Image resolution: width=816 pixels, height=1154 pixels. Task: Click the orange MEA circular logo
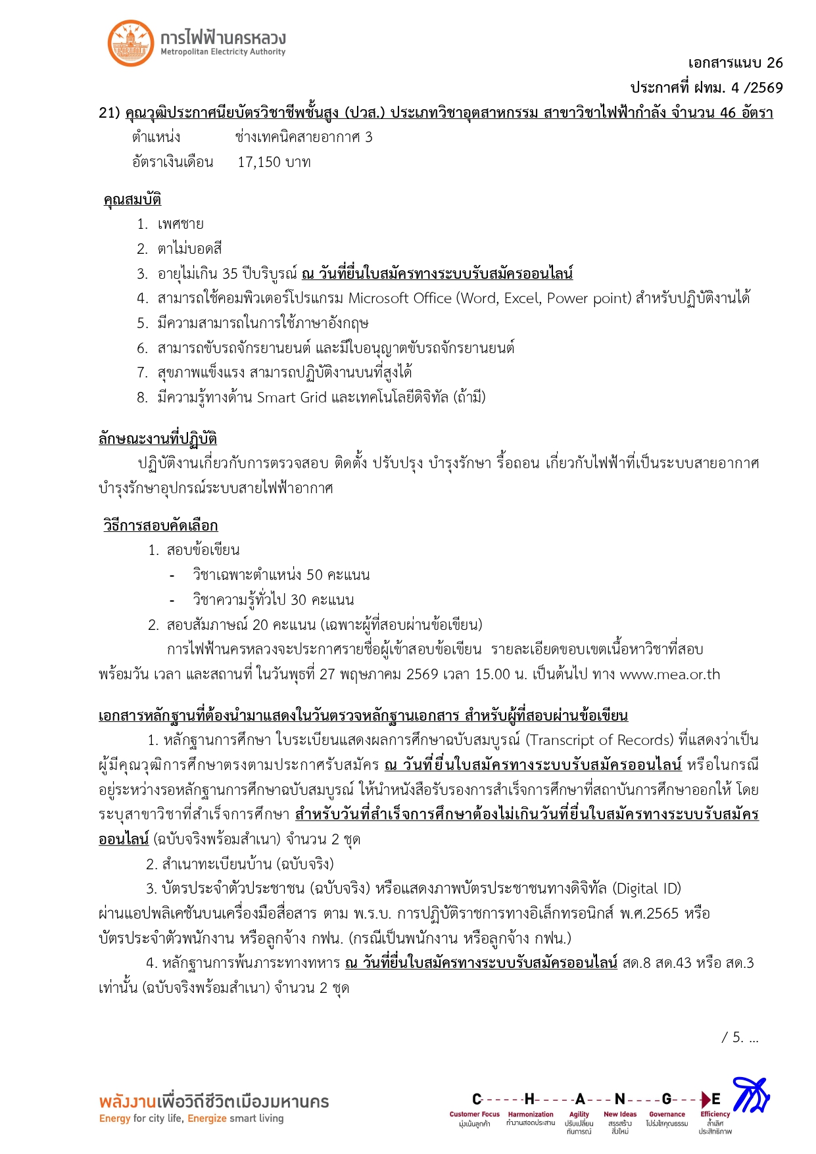(x=130, y=43)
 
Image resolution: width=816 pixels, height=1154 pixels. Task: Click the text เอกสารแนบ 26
(x=735, y=63)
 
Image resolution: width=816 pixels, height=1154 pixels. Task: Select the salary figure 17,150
(x=259, y=162)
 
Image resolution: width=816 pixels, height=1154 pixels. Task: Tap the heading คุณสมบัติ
(x=132, y=199)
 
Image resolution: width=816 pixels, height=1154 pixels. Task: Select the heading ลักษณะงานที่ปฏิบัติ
(x=158, y=439)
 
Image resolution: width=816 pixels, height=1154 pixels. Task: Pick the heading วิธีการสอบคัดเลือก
(x=160, y=525)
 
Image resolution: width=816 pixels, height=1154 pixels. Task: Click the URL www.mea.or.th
(x=670, y=675)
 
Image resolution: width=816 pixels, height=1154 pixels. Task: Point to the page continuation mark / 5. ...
(x=739, y=1038)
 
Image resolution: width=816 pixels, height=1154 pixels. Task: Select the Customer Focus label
(x=474, y=1115)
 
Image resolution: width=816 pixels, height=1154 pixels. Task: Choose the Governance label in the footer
(x=667, y=1115)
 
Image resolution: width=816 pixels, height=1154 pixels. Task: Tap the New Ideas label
(x=620, y=1115)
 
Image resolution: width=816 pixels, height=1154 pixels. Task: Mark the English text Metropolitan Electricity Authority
(x=223, y=52)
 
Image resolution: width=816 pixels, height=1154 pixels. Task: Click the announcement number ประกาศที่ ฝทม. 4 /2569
(x=706, y=87)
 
